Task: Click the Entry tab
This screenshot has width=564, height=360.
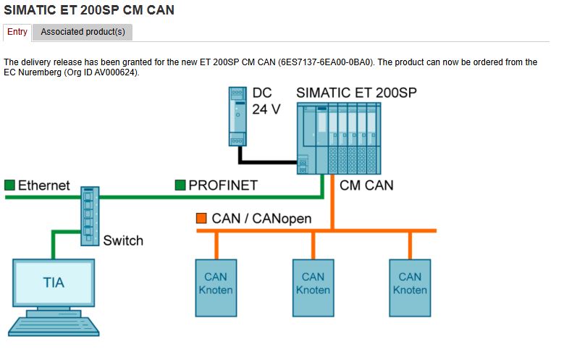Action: [x=17, y=32]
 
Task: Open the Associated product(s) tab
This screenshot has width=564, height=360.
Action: [x=83, y=32]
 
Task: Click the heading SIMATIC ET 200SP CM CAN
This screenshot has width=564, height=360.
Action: [x=89, y=10]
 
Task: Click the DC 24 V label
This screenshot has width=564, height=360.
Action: [x=266, y=101]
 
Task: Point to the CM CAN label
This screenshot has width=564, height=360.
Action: [x=366, y=185]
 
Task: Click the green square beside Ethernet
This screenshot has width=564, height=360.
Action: [x=9, y=185]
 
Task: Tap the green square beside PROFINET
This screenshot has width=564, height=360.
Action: [x=180, y=185]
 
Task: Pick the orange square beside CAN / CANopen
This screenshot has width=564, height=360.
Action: [x=201, y=217]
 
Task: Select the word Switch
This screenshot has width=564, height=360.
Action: [x=123, y=240]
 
